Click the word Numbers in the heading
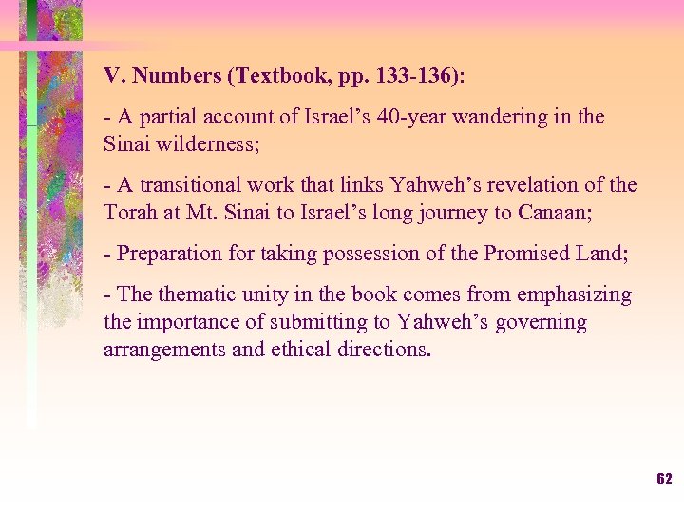[x=167, y=76]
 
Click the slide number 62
[x=664, y=479]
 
